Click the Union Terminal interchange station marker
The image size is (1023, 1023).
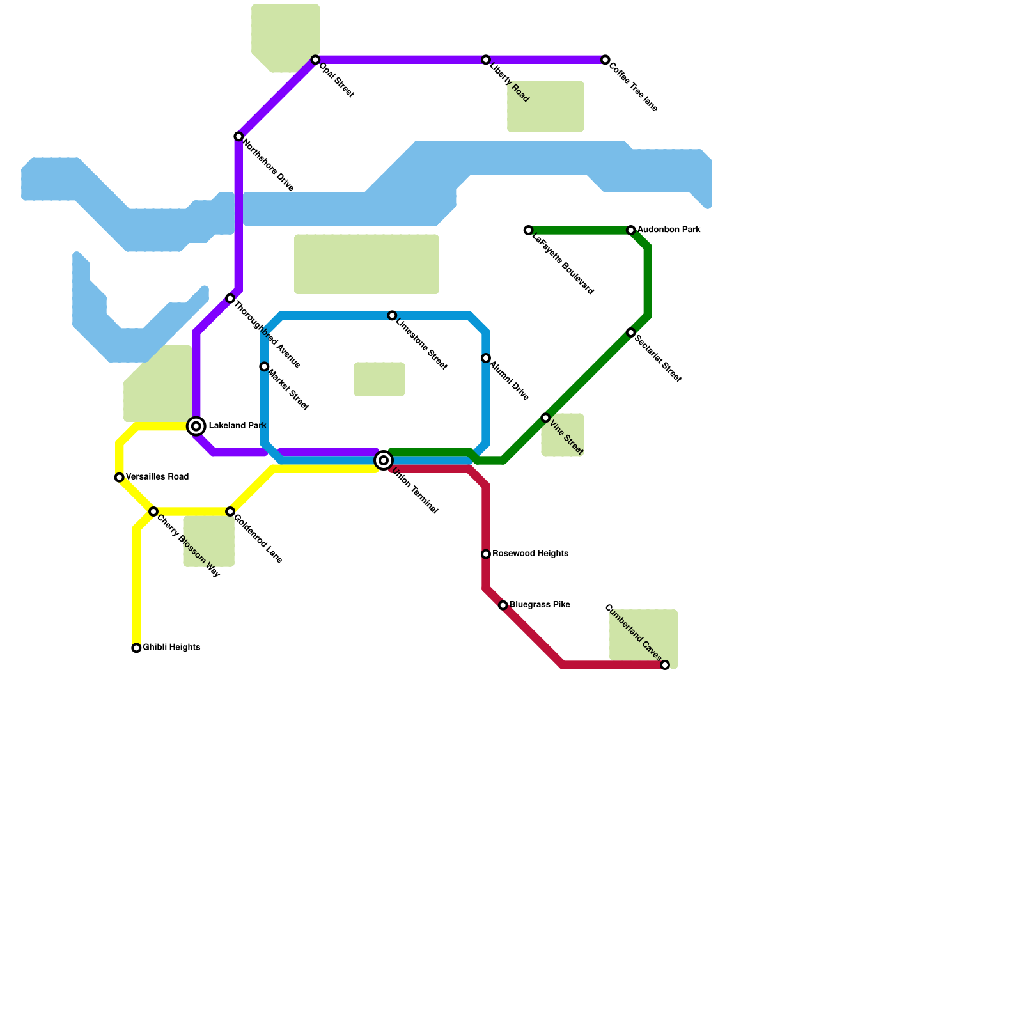pyautogui.click(x=384, y=460)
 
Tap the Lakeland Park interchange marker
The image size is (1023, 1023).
pyautogui.click(x=196, y=426)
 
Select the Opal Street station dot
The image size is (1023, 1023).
pyautogui.click(x=315, y=60)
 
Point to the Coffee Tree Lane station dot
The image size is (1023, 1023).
pyautogui.click(x=605, y=60)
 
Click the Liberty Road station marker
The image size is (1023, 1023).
pyautogui.click(x=486, y=60)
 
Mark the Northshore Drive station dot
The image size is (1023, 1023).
pyautogui.click(x=238, y=137)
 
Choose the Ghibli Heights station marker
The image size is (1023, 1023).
pyautogui.click(x=136, y=648)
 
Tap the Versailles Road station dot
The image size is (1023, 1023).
pyautogui.click(x=120, y=478)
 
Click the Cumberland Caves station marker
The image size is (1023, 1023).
pyautogui.click(x=665, y=665)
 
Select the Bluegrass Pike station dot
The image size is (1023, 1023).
pyautogui.click(x=503, y=605)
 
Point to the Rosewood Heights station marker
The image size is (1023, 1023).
pyautogui.click(x=486, y=554)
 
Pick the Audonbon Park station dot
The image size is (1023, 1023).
pyautogui.click(x=630, y=230)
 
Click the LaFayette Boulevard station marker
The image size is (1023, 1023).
pyautogui.click(x=528, y=230)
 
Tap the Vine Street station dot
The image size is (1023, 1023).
pyautogui.click(x=545, y=418)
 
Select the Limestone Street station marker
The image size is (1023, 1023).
pyautogui.click(x=392, y=316)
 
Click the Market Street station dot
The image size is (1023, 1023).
pyautogui.click(x=264, y=367)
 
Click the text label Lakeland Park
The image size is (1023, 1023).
pyautogui.click(x=237, y=426)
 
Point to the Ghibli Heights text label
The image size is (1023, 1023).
pyautogui.click(x=171, y=648)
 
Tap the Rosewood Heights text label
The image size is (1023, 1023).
pyautogui.click(x=530, y=554)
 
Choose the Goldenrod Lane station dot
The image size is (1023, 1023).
pyautogui.click(x=230, y=512)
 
